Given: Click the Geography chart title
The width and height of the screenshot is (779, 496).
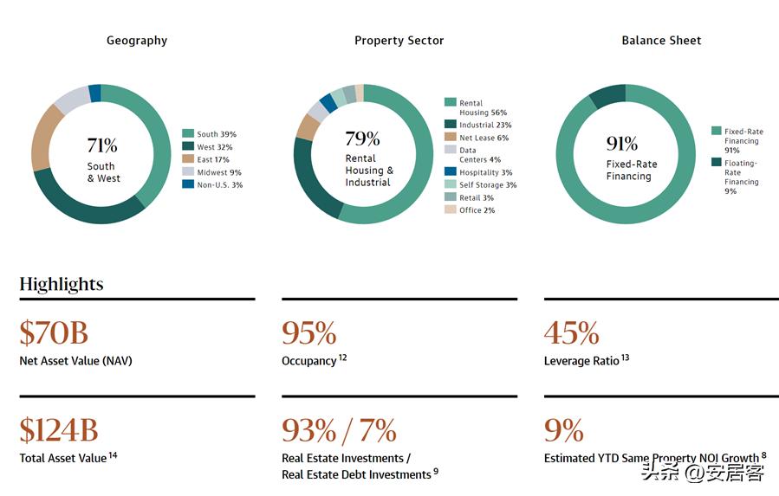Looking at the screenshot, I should coord(137,41).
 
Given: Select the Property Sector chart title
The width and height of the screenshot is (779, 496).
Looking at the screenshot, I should coord(399,41).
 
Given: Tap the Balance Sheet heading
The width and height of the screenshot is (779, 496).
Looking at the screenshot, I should coord(661,41).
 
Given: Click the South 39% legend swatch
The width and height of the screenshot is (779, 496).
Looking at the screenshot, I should coord(187,134).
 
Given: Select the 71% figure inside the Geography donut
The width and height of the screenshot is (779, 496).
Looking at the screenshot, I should coord(102,145).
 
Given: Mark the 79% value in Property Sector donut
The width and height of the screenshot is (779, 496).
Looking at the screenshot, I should coord(362,138).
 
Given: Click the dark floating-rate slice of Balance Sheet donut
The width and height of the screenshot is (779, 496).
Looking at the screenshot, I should coord(606,95).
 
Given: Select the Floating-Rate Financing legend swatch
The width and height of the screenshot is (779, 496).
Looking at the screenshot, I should coord(716,162).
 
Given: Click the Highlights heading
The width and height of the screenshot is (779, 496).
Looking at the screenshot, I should coord(62,284).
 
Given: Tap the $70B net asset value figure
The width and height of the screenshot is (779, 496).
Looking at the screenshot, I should coord(54,333).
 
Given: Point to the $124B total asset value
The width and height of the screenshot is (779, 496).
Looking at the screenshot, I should coord(59,430).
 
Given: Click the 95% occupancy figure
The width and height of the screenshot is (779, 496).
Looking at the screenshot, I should coord(309,333).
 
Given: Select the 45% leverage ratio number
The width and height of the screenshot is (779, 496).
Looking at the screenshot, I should coord(571,333).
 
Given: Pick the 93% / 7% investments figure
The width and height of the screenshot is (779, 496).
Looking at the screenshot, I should coord(340,430).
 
